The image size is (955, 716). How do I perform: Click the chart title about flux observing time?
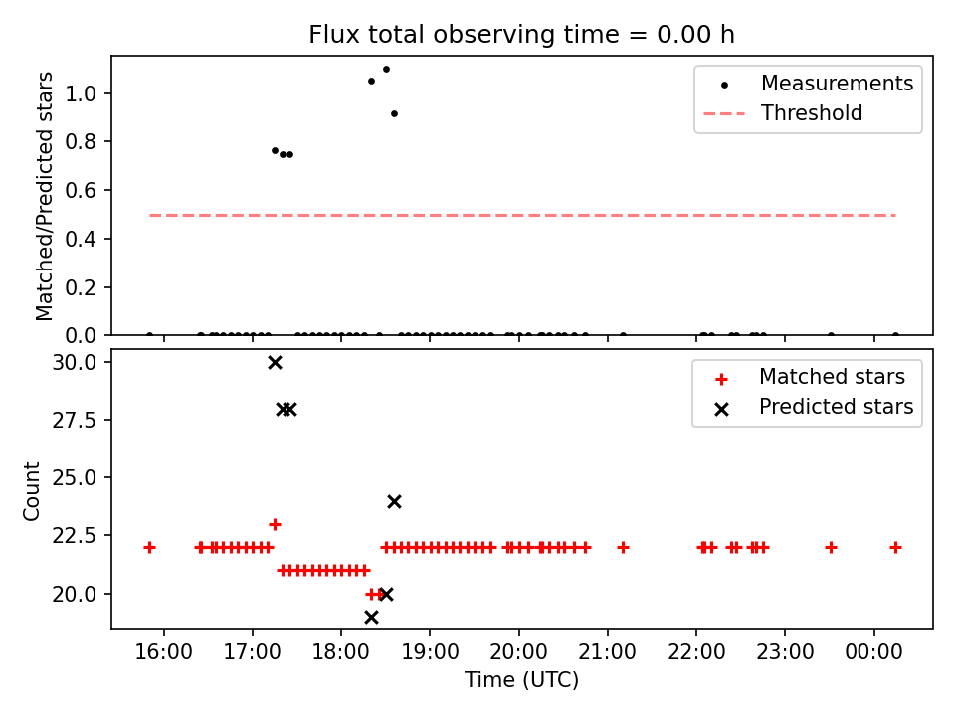coord(521,35)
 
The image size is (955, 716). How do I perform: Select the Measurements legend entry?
coord(837,84)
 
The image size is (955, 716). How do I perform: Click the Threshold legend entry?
coord(812,113)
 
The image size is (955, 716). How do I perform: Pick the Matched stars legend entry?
coord(832,377)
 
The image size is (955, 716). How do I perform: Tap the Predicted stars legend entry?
coord(836,406)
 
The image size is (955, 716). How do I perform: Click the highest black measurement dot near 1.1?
coord(386,70)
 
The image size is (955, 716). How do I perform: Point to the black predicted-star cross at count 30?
coord(275,363)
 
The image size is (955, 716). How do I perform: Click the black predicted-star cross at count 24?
coord(394,502)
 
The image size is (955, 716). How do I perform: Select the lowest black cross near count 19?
coord(371,618)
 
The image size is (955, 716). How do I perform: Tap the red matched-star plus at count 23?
coord(275,524)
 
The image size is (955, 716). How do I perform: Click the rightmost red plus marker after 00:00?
coord(895,547)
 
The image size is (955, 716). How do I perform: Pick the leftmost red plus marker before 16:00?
coord(149,547)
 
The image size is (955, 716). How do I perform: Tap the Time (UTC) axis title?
coord(521,680)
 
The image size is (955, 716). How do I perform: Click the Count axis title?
coord(33,490)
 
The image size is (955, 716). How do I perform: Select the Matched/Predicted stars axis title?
coord(45,196)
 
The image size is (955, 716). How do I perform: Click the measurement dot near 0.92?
coord(394,113)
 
